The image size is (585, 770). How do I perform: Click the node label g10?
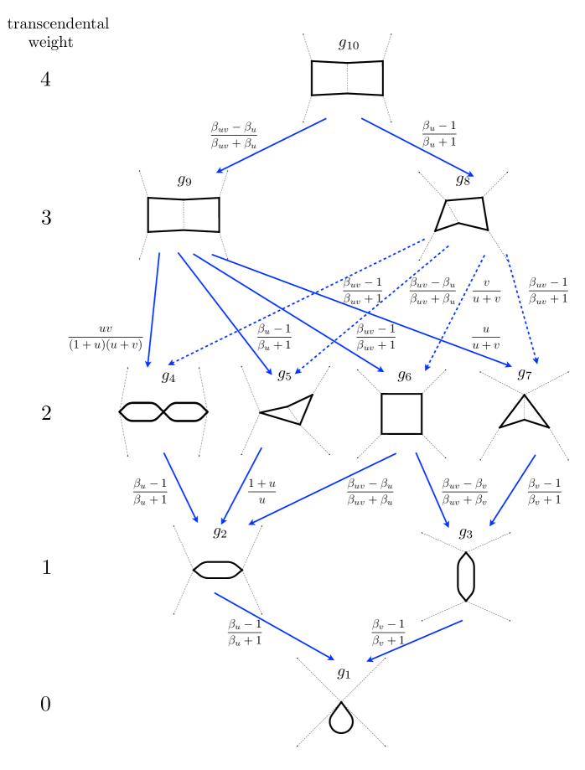tap(349, 44)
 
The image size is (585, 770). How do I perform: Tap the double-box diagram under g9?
tap(184, 214)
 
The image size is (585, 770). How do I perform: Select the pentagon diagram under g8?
tap(461, 214)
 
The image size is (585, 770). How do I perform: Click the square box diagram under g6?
tap(401, 413)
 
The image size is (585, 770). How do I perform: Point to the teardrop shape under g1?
tap(341, 718)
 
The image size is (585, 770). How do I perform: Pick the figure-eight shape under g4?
tap(163, 411)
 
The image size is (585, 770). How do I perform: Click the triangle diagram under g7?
tap(525, 412)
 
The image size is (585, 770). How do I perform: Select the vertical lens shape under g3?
tap(466, 576)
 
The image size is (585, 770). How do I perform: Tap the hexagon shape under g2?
tap(218, 569)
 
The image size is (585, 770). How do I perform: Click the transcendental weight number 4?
tap(46, 80)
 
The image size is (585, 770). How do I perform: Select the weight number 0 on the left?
tap(46, 705)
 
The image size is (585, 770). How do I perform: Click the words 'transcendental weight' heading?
tap(57, 33)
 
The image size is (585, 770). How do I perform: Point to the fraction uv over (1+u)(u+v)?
tap(106, 337)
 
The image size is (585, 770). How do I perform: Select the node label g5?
tap(284, 375)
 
